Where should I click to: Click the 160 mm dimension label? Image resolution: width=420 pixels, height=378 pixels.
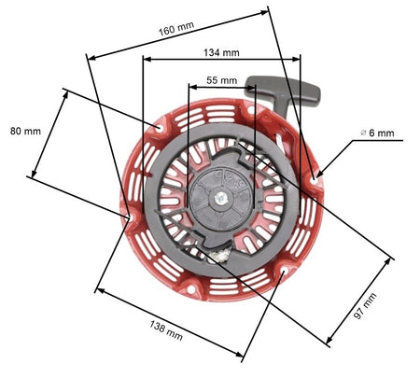pos(176,29)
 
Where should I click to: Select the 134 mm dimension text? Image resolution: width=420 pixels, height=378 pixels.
pos(221,52)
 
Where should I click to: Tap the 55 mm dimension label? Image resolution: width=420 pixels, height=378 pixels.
pos(221,80)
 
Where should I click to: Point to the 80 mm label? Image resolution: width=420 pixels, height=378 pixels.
pos(25,131)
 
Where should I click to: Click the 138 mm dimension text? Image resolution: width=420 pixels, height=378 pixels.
pos(166,330)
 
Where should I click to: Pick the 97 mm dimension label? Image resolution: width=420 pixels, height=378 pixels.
pos(365,306)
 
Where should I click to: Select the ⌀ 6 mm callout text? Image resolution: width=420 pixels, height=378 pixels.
pos(377,133)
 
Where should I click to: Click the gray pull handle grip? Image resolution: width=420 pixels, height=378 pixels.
pos(283,90)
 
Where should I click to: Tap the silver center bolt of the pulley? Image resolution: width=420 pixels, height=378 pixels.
pos(220,197)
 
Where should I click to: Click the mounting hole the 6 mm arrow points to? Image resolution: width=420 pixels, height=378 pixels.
pos(314,180)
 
